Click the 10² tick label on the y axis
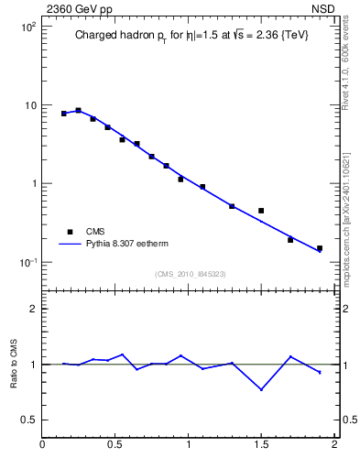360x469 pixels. coord(27,27)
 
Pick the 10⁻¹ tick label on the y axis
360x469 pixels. coord(27,262)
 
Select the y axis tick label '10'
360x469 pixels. coord(29,105)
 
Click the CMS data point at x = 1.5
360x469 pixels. coord(261,211)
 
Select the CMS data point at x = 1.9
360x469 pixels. coord(320,248)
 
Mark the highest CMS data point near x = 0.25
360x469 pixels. coord(79,110)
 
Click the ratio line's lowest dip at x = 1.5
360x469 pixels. coord(261,389)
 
